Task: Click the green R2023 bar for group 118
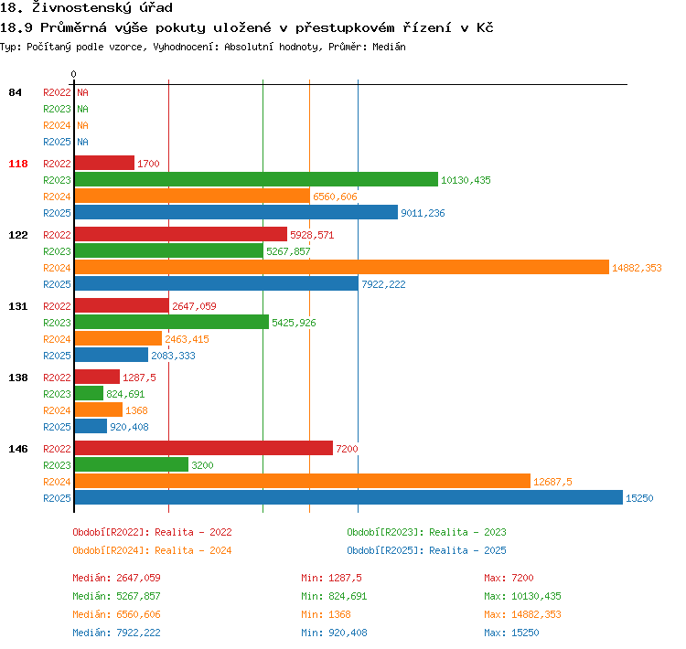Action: (256, 179)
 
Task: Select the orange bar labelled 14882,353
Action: (342, 267)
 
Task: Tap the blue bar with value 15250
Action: (348, 497)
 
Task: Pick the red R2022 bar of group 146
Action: (204, 448)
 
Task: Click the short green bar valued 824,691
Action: (89, 393)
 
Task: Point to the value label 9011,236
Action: (423, 213)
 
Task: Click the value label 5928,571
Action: (312, 235)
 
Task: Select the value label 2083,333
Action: (173, 356)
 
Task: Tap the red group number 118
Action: (18, 164)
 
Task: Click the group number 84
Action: (15, 92)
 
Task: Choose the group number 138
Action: (18, 378)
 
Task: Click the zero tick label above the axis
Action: (73, 74)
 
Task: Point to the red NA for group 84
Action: (82, 92)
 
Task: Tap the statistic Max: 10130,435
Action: (522, 596)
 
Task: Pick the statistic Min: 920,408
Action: (334, 633)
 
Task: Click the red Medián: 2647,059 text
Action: (116, 578)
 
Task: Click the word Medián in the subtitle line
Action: (389, 47)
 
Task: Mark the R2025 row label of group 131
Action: (57, 356)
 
